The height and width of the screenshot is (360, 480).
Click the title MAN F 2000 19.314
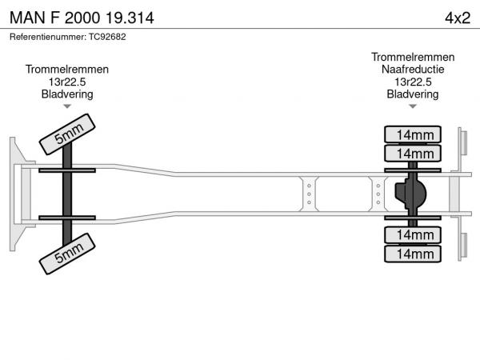[82, 17]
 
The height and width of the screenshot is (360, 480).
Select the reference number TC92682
[68, 37]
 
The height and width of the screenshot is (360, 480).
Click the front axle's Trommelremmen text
[67, 70]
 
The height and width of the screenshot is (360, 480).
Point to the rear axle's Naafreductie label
[413, 70]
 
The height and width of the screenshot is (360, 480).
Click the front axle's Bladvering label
[67, 94]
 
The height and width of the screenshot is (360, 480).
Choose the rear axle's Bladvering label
[413, 94]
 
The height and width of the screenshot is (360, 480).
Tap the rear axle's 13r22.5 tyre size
[413, 82]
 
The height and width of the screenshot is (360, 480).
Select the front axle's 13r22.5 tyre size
[67, 82]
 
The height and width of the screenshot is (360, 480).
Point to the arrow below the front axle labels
[67, 106]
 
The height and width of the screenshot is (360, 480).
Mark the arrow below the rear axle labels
[413, 106]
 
